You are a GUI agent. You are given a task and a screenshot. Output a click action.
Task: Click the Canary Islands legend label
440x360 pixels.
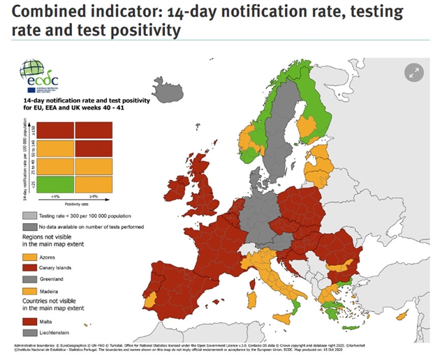pos(59,267)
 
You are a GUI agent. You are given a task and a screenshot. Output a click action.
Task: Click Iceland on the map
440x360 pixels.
pos(169,90)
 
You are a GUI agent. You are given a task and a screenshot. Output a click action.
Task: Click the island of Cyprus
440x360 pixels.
pos(402,315)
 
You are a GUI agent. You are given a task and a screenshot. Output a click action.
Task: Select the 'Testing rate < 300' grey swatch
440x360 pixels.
pos(30,216)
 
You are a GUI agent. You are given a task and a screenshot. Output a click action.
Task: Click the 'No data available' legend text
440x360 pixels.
pos(87,227)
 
